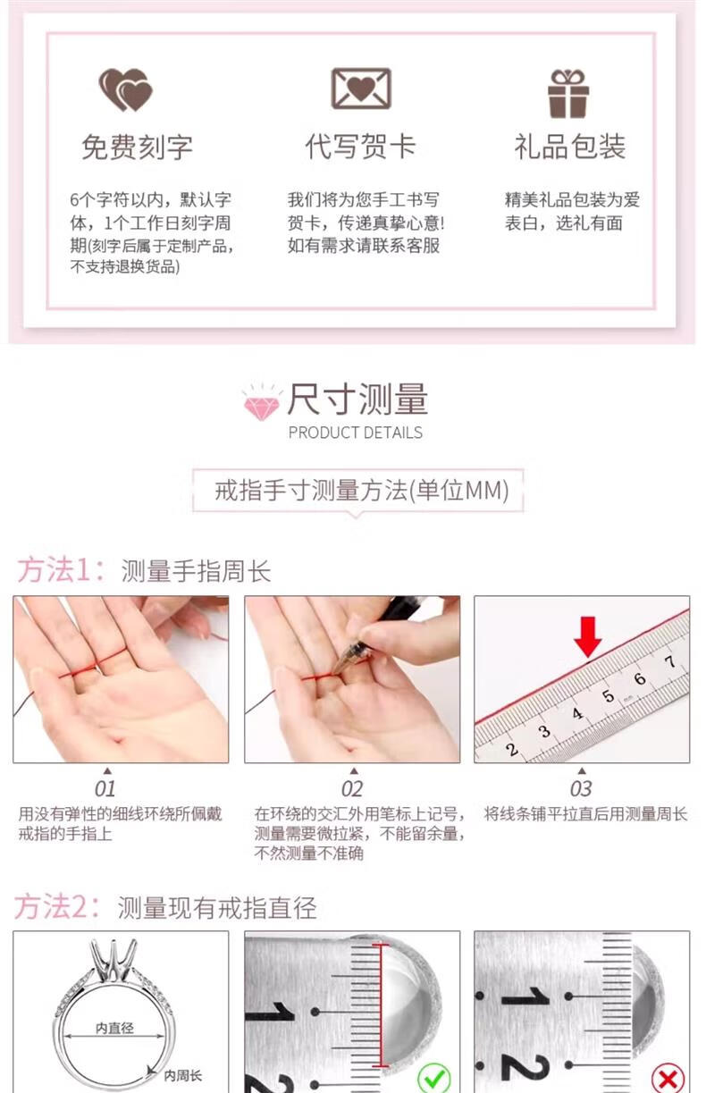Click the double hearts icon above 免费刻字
coord(126,89)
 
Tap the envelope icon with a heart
coord(361,88)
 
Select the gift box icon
coord(568,93)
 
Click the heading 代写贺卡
coord(360,147)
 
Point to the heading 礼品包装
coord(569,147)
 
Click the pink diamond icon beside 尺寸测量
coord(262,403)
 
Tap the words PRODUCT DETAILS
coord(355,433)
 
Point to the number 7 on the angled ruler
coord(670,661)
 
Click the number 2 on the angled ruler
coord(511,749)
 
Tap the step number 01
coord(105,789)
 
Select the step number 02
coord(352,789)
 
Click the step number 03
coord(581,789)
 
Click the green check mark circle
coord(433,1076)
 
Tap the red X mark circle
coord(668,1078)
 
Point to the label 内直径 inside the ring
coord(114,1028)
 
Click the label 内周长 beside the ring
coord(182,1075)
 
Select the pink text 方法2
coord(57,907)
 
